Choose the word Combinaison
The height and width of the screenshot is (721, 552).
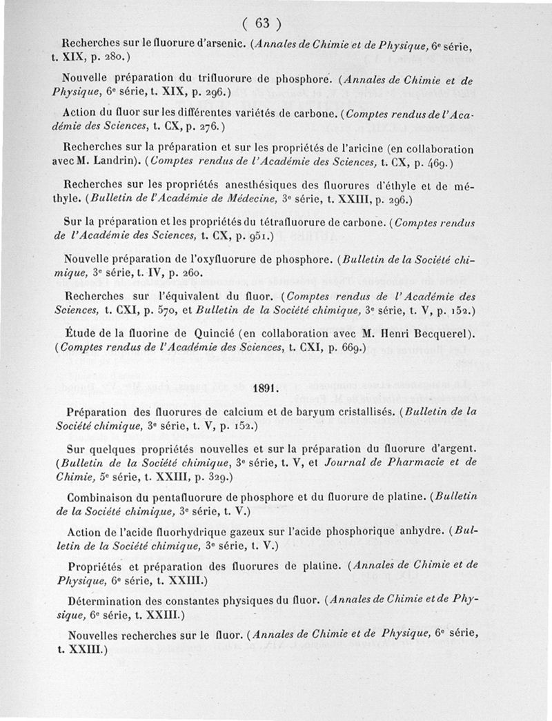point(101,497)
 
